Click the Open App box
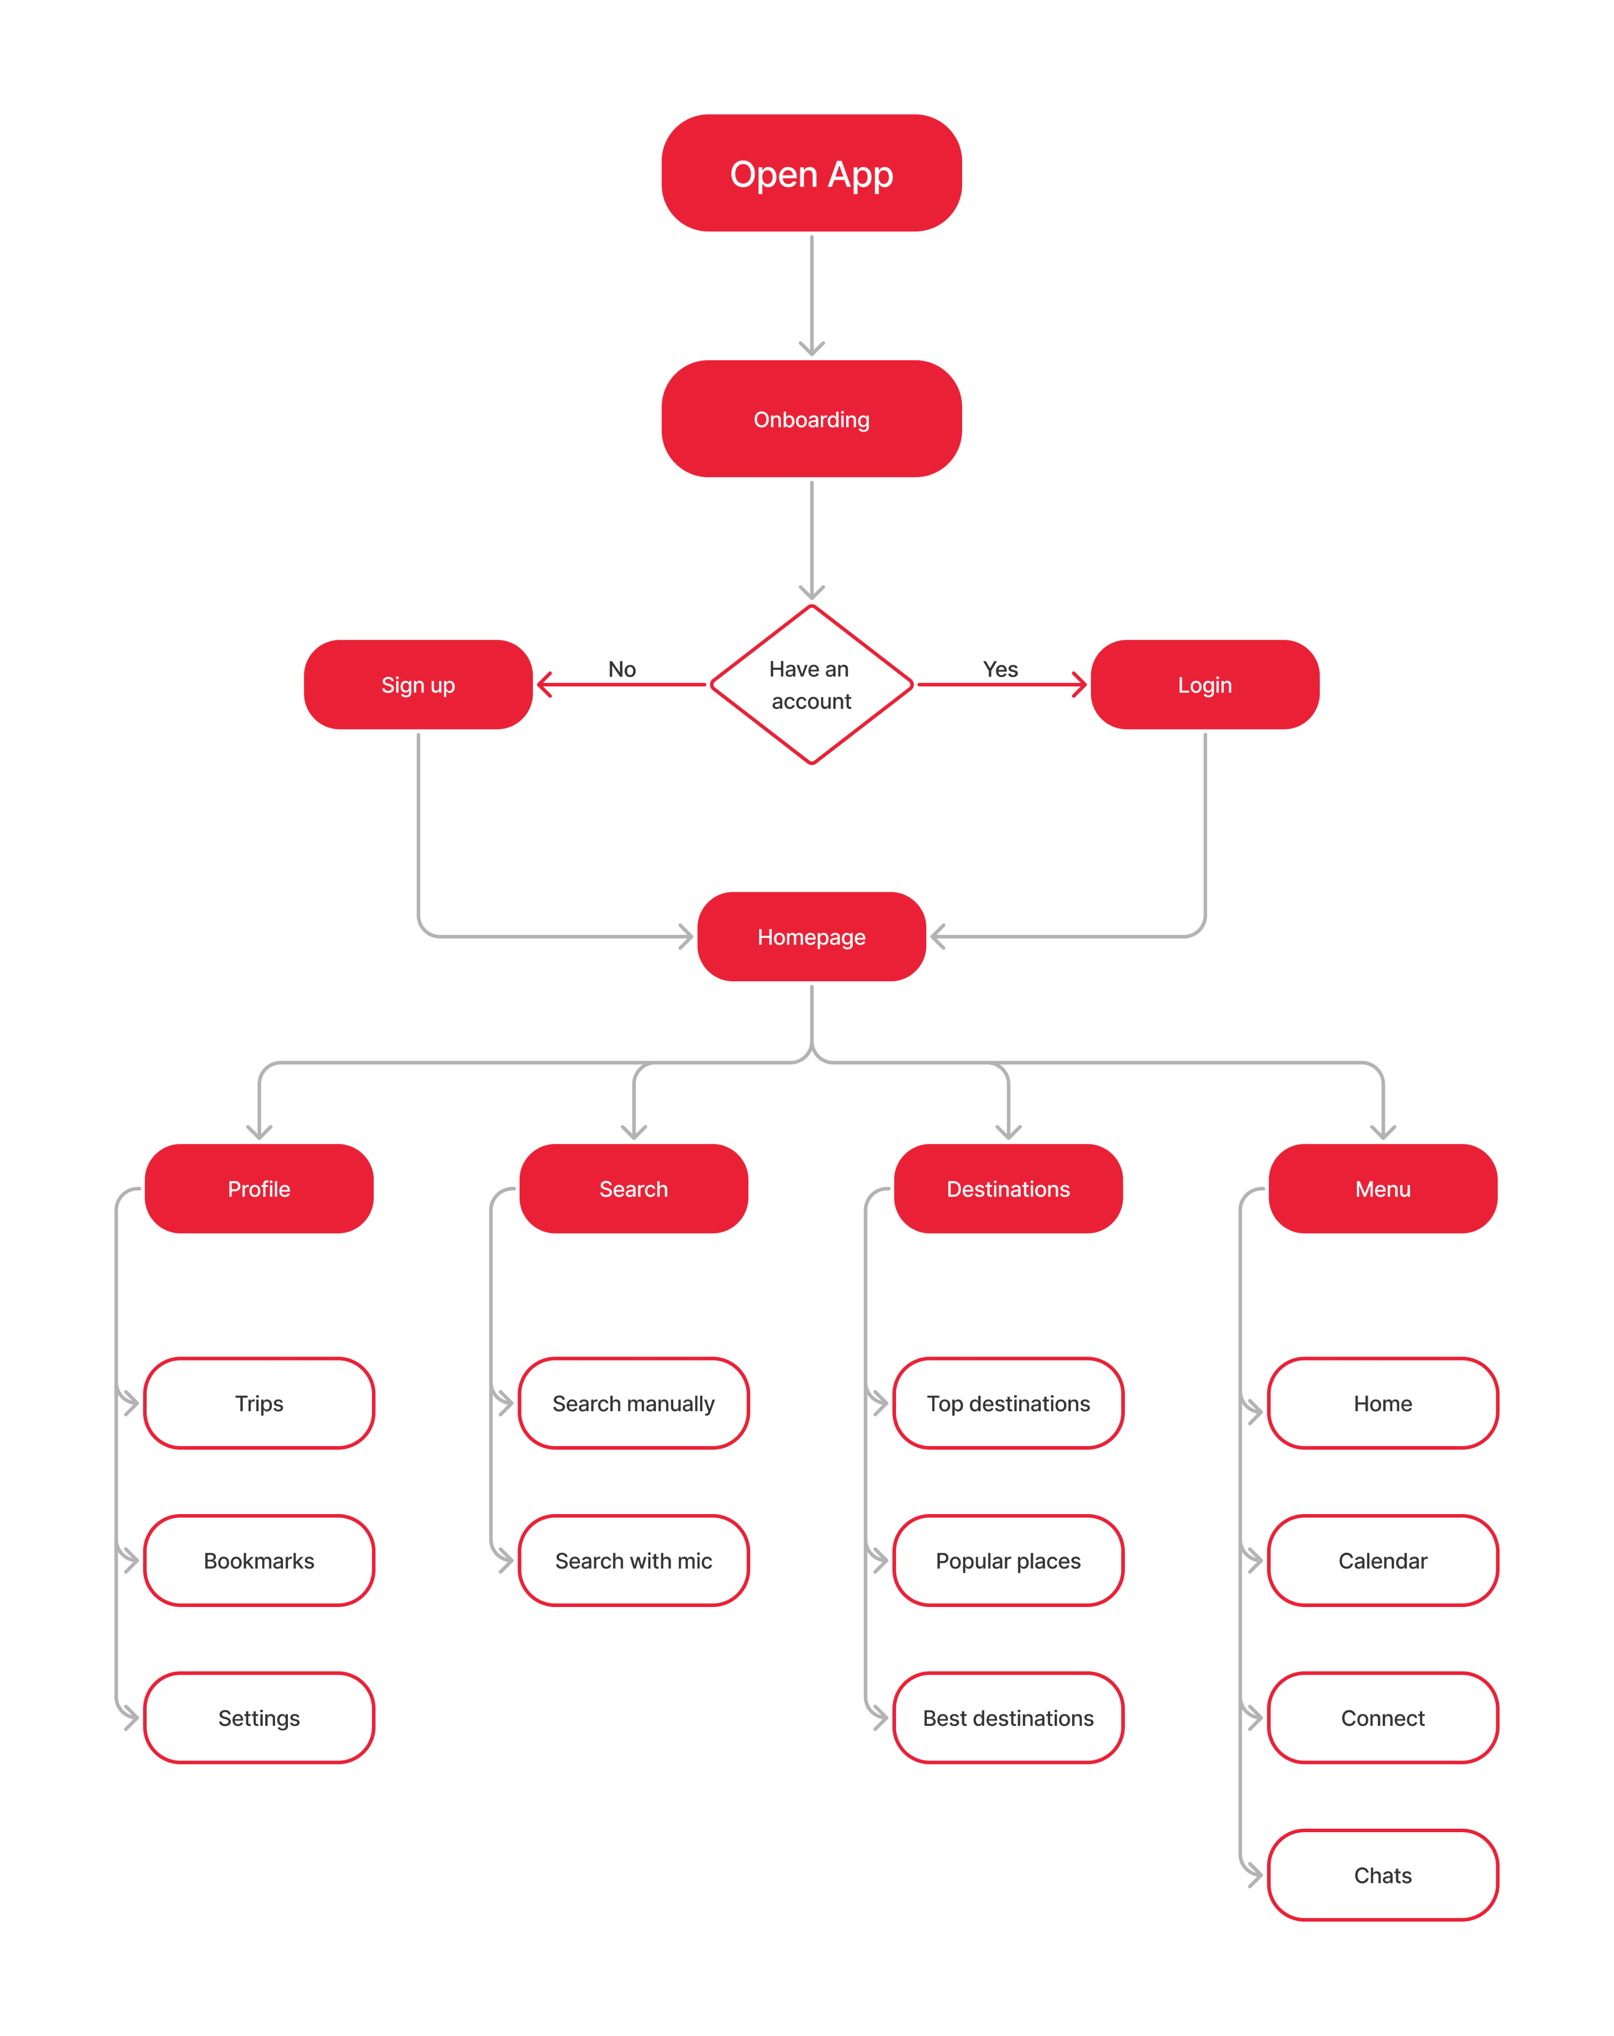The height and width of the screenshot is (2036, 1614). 811,174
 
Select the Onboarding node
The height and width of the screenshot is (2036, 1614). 811,420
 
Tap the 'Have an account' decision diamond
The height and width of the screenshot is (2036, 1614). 811,684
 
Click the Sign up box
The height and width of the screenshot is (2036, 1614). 418,684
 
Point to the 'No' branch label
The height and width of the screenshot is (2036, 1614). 622,669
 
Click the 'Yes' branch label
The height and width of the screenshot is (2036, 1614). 1000,669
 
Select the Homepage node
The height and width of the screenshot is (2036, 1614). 811,937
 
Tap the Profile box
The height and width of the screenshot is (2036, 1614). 259,1189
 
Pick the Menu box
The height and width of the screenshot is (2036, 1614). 1383,1189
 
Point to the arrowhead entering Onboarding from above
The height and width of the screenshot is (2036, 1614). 811,347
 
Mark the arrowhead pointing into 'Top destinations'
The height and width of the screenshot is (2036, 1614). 880,1403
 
